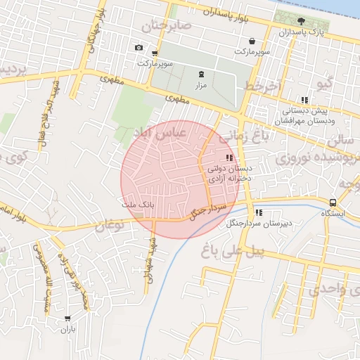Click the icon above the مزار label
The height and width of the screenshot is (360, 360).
(202, 74)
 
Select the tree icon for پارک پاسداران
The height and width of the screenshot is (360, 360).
(302, 20)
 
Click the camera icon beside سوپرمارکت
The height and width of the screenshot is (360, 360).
(139, 48)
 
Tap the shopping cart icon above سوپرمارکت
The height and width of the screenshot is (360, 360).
(244, 41)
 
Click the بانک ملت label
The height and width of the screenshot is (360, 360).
(138, 204)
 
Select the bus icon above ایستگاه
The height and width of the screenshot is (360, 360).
(333, 202)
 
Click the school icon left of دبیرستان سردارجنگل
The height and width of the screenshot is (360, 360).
(259, 212)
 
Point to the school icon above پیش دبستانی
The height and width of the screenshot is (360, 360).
(304, 101)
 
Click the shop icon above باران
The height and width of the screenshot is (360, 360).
(67, 319)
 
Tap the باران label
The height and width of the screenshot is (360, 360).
(67, 329)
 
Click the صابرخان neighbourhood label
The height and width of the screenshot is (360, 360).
(167, 26)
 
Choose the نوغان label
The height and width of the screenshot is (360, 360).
(109, 226)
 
